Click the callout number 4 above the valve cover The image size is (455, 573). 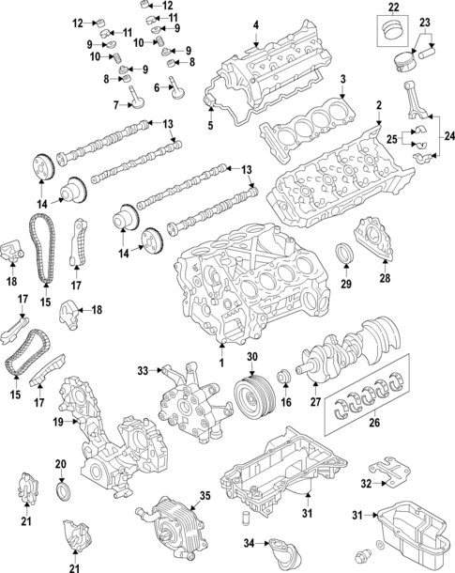pyautogui.click(x=255, y=24)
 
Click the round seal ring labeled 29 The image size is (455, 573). pyautogui.click(x=346, y=253)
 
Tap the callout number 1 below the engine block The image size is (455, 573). pyautogui.click(x=222, y=362)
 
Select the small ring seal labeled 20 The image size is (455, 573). pyautogui.click(x=63, y=491)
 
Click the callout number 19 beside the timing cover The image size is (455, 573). pyautogui.click(x=58, y=423)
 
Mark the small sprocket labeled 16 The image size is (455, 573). pyautogui.click(x=282, y=379)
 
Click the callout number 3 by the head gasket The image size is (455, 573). pyautogui.click(x=343, y=79)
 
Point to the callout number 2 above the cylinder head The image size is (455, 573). pyautogui.click(x=378, y=106)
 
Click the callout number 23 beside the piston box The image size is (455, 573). pyautogui.click(x=424, y=23)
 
